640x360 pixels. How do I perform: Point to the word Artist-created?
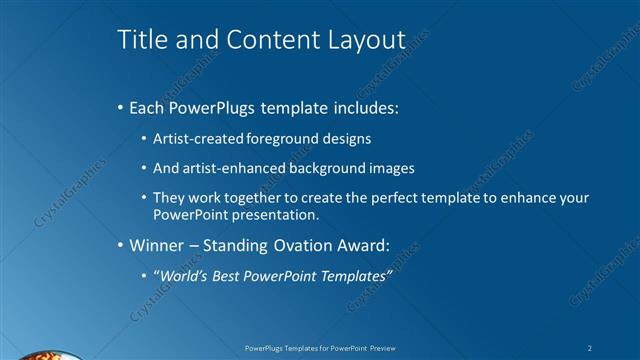[195, 139]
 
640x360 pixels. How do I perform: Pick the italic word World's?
[182, 275]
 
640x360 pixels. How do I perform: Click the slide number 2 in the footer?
[591, 347]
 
